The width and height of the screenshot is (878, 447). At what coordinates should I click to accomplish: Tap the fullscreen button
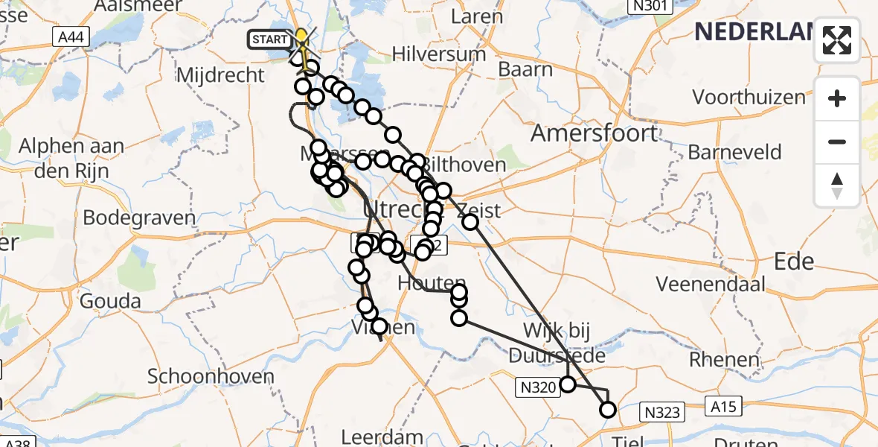click(837, 40)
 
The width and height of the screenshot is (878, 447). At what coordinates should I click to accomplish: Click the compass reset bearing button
click(837, 186)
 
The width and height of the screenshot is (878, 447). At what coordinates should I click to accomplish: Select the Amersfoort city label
click(594, 133)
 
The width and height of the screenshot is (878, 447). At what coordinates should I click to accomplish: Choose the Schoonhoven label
click(211, 376)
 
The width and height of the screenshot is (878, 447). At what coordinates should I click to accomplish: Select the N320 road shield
click(536, 385)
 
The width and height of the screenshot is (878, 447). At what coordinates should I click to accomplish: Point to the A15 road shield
click(725, 407)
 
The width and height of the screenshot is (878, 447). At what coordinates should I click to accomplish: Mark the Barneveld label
click(734, 153)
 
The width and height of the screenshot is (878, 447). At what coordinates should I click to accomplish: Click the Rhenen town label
click(724, 360)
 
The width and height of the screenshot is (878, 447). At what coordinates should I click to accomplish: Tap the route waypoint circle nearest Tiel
click(608, 409)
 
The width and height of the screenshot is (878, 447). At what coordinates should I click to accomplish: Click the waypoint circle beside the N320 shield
click(568, 384)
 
